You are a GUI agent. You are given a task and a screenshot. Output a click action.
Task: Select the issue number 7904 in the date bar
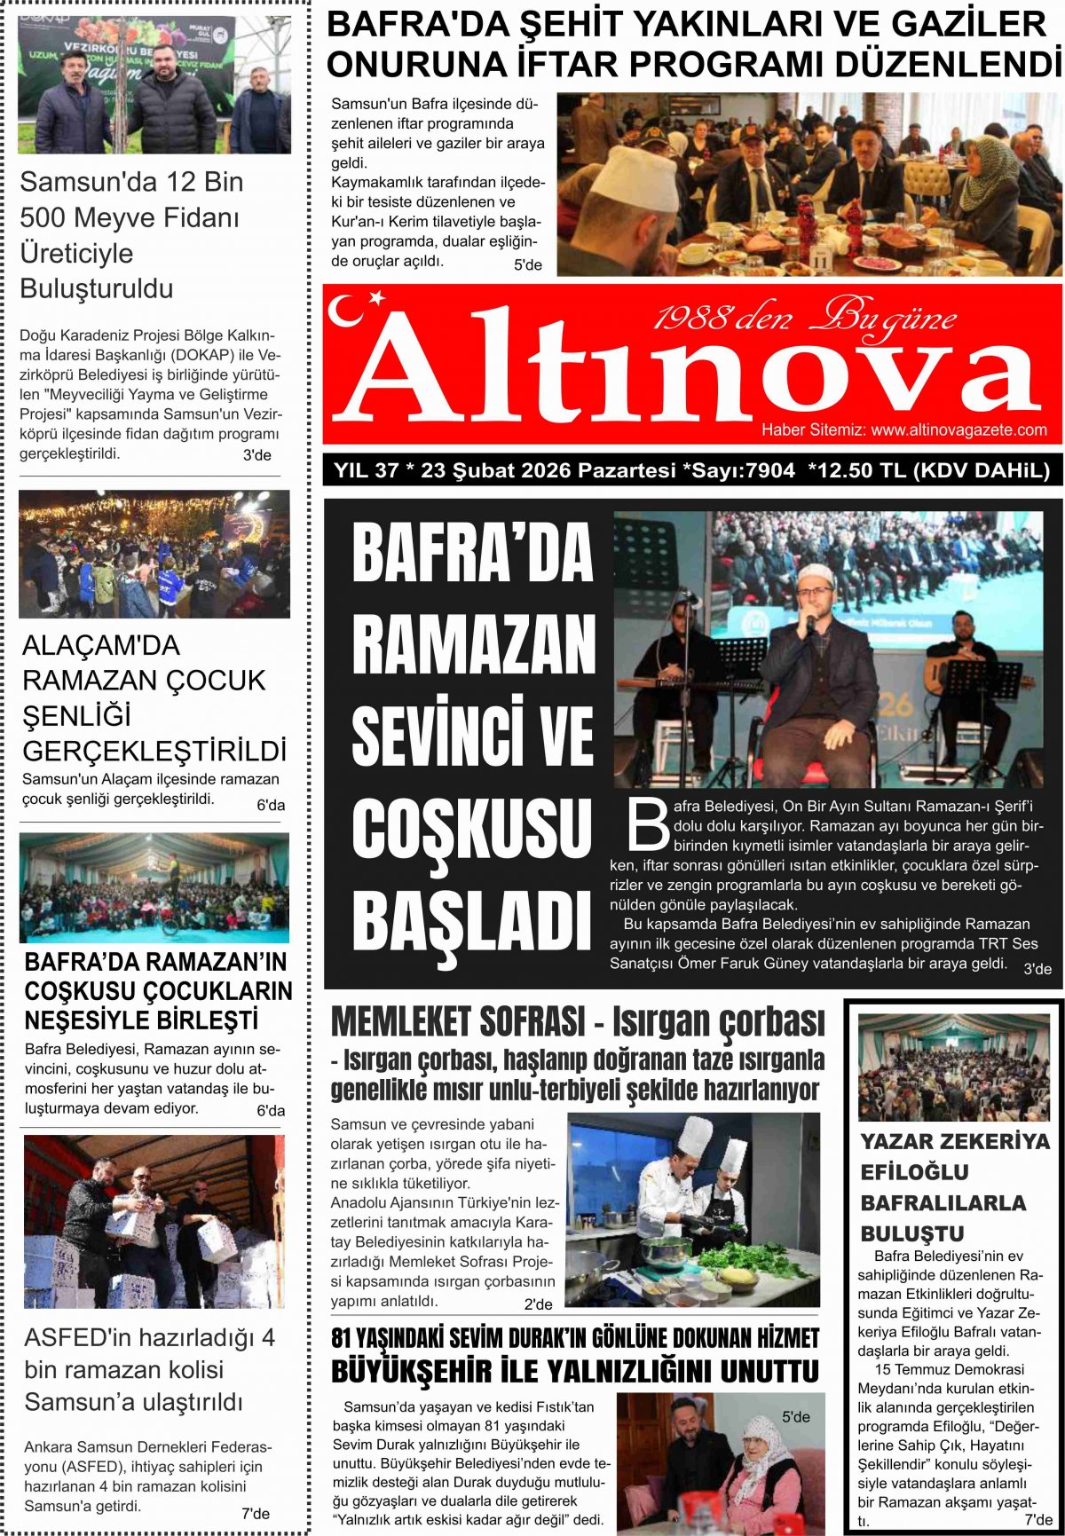click(x=770, y=470)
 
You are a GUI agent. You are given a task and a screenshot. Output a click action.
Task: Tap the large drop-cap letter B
click(x=648, y=825)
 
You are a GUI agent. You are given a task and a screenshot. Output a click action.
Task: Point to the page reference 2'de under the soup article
click(x=538, y=1304)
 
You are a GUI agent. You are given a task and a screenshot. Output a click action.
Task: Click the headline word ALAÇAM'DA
click(x=100, y=645)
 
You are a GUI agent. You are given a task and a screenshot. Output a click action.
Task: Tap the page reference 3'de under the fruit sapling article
click(x=257, y=455)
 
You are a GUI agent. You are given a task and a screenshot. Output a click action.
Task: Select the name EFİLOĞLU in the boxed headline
click(x=914, y=1172)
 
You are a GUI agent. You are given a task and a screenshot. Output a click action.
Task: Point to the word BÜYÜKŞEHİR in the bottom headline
click(x=412, y=1372)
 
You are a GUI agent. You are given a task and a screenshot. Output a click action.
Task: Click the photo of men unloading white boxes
click(x=154, y=1221)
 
